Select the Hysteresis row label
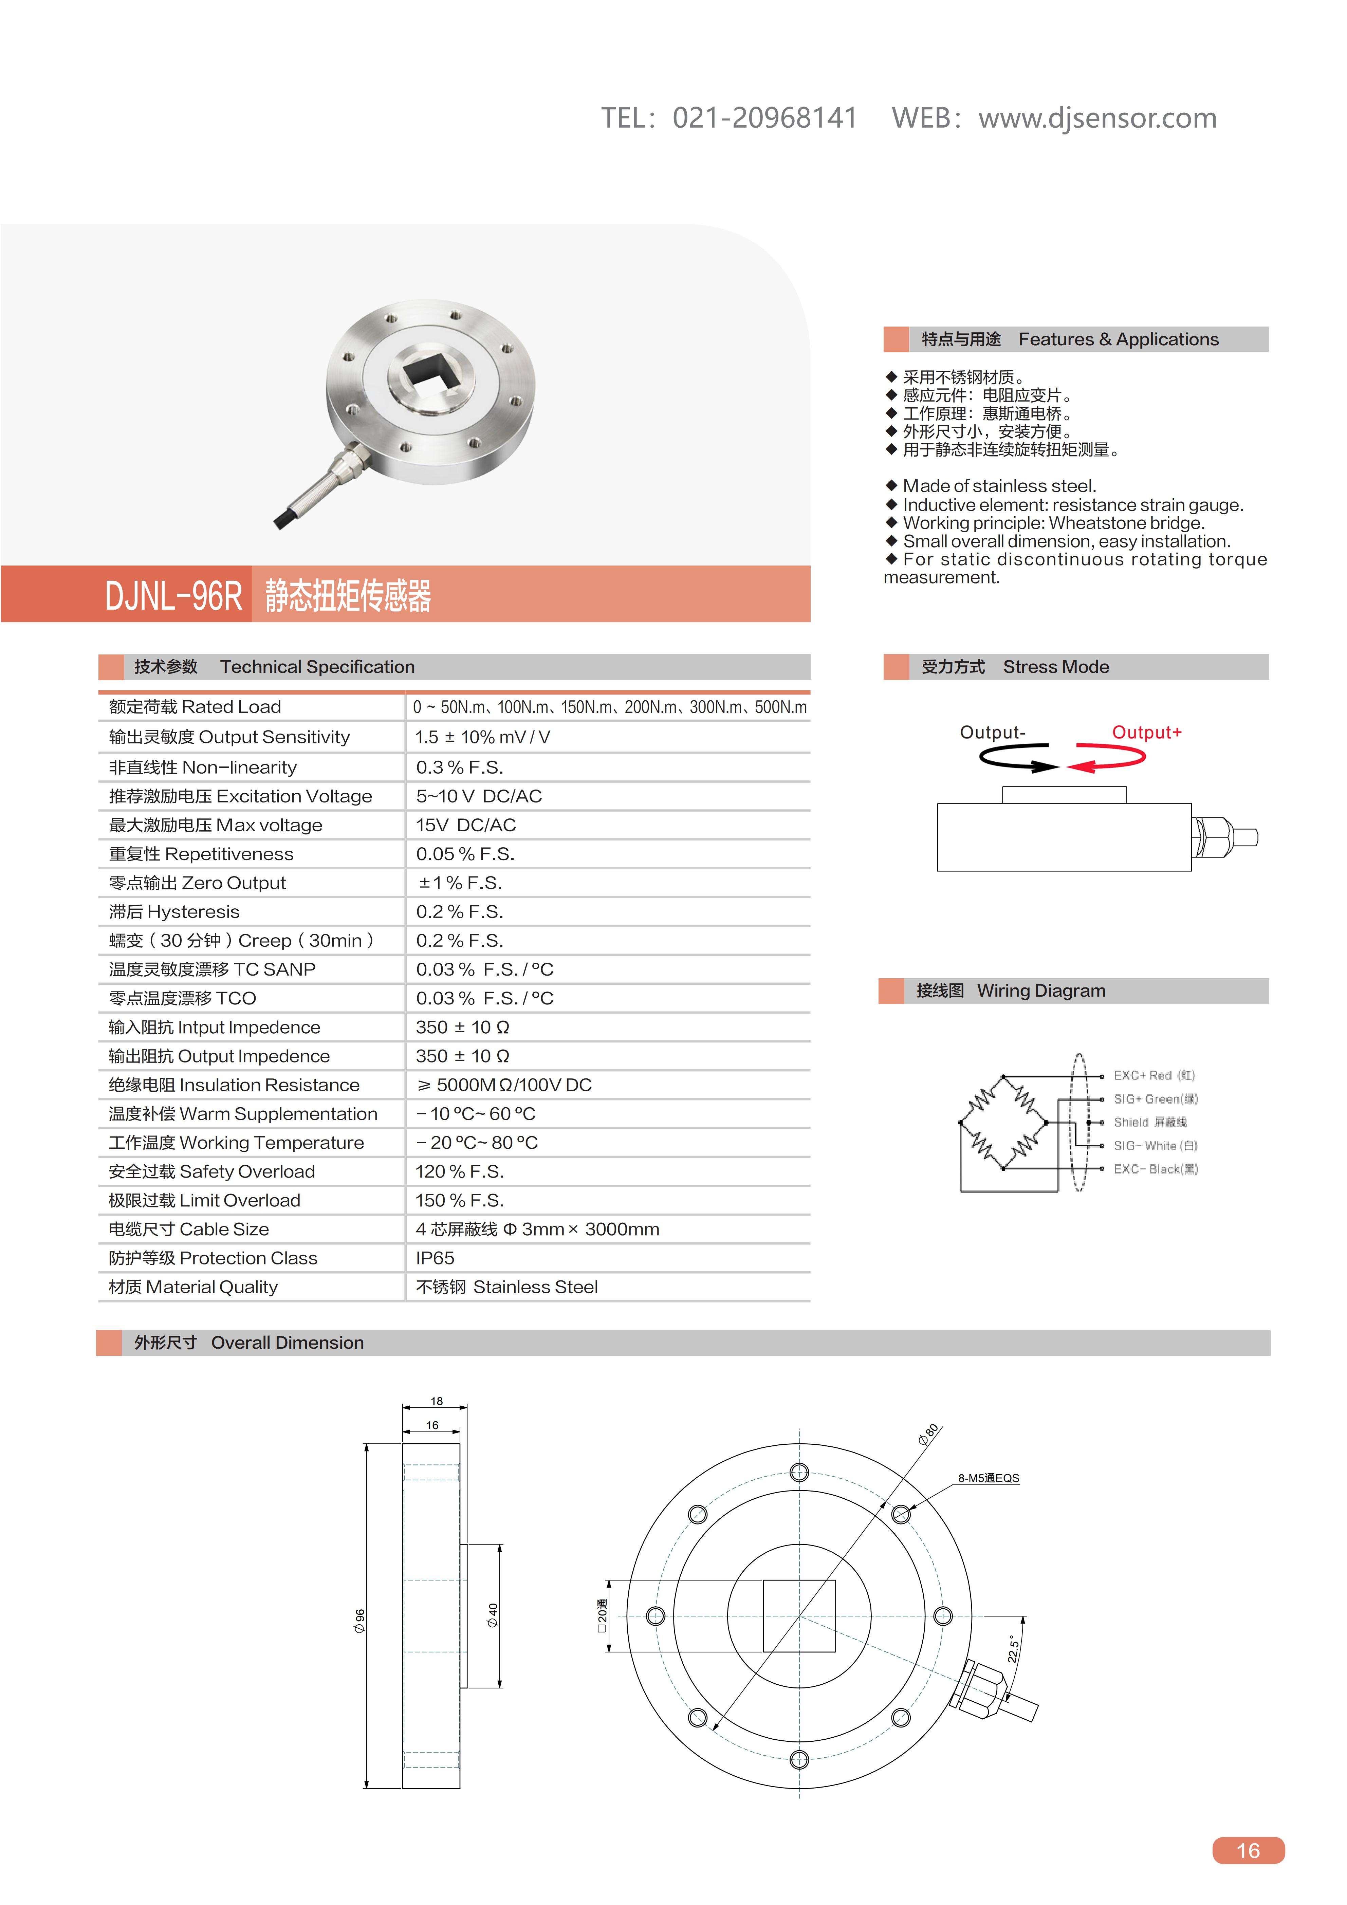coord(174,912)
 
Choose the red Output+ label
coord(1146,733)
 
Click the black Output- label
coord(993,733)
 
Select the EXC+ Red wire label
coord(1154,1075)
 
